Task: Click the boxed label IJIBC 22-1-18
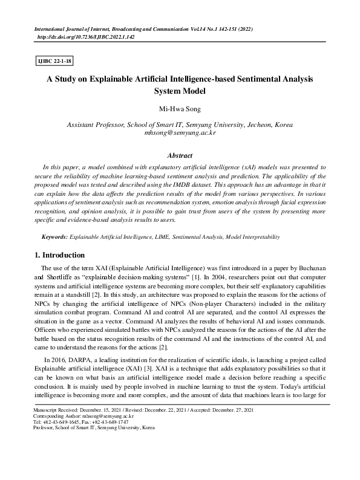pos(55,61)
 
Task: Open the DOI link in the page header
pos(86,37)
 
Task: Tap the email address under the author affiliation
pos(180,132)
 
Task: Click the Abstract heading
pos(180,155)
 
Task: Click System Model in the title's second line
pos(180,92)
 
